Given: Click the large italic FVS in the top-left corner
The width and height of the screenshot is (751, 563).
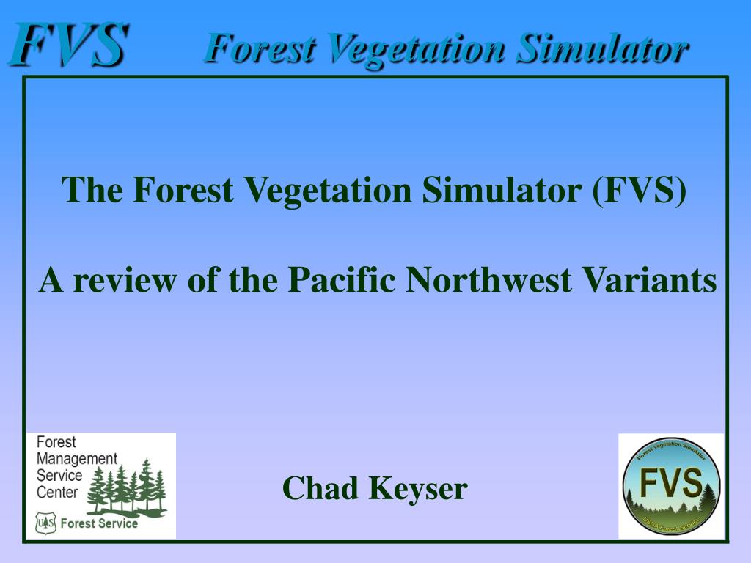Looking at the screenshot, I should [x=68, y=45].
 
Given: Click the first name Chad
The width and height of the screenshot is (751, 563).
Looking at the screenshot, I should [x=320, y=488].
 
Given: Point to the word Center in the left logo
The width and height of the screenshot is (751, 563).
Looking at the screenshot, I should [x=57, y=493].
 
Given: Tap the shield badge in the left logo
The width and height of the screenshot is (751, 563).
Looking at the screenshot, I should [x=45, y=523].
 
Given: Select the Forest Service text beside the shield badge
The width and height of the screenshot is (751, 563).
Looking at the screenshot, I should [x=98, y=523].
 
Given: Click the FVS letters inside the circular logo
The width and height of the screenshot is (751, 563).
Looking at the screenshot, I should [x=671, y=483].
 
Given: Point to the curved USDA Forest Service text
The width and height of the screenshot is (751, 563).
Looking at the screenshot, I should [x=671, y=523].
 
